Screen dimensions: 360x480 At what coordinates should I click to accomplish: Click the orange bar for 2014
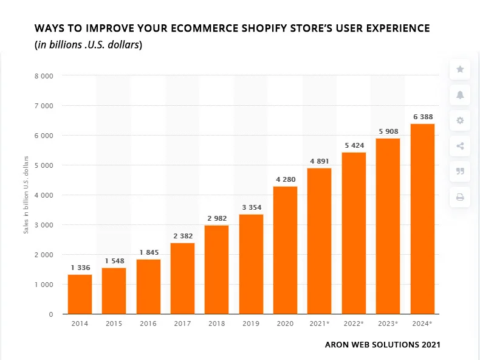[80, 294]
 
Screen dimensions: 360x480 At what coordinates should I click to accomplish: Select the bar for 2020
[285, 250]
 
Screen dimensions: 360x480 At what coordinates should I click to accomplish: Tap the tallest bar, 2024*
[422, 219]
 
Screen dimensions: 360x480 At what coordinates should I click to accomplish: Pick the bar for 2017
[182, 279]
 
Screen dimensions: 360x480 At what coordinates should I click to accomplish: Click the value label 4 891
[319, 161]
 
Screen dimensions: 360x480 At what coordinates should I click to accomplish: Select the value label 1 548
[114, 261]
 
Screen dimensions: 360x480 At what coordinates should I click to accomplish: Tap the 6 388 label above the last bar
[422, 117]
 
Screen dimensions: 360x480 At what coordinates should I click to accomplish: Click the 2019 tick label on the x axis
[250, 324]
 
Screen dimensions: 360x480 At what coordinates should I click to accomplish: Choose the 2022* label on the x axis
[353, 324]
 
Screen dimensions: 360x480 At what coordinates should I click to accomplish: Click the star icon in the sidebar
[460, 69]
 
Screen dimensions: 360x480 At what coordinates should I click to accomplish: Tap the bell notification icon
[460, 95]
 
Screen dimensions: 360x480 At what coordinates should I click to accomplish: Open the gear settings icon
[460, 120]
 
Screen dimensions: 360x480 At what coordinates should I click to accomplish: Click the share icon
[460, 146]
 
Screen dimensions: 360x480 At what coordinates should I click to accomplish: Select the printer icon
[460, 197]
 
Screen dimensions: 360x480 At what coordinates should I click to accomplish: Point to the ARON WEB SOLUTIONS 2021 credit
[382, 345]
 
